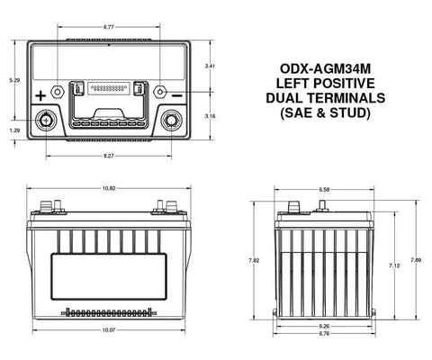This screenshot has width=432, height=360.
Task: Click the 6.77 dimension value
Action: [x=109, y=27]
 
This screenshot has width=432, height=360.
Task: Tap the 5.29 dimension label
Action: [x=14, y=80]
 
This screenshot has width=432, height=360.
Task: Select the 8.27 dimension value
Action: [x=109, y=156]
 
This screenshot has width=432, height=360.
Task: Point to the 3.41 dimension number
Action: [x=210, y=66]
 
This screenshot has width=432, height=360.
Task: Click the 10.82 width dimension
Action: [x=109, y=188]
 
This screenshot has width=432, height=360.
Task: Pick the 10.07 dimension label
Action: [x=109, y=330]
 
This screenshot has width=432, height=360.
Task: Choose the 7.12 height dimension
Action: [x=394, y=265]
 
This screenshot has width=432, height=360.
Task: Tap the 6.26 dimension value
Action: [x=324, y=326]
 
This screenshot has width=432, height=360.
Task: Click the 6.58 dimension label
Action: [x=324, y=190]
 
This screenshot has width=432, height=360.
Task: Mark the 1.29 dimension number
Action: [x=14, y=130]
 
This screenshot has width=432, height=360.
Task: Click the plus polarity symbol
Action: [x=40, y=96]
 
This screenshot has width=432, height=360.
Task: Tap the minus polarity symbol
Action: [x=177, y=95]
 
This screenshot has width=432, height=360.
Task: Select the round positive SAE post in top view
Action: [x=46, y=120]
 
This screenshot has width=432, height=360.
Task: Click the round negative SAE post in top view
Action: [x=171, y=120]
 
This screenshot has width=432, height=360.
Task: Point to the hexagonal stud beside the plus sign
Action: [x=58, y=92]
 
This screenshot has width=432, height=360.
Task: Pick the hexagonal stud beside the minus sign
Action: [x=160, y=92]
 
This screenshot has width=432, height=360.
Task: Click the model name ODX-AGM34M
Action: [x=326, y=68]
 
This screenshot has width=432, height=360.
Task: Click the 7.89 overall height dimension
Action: [x=416, y=260]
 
